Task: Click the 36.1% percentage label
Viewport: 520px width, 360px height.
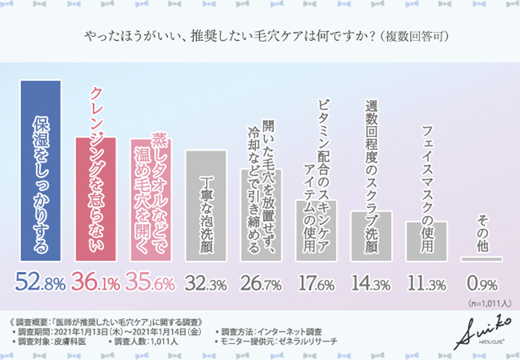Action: tap(96, 282)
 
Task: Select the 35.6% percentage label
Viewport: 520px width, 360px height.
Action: tap(151, 282)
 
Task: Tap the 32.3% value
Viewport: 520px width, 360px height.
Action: tap(206, 283)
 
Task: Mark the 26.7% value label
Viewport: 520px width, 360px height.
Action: tap(261, 283)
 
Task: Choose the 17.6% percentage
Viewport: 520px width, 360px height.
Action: tap(316, 283)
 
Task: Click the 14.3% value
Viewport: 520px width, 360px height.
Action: tap(371, 283)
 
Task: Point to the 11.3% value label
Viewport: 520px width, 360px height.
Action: tap(426, 283)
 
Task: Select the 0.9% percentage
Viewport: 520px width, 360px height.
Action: tap(482, 283)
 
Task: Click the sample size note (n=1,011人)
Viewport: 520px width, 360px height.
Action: tap(489, 303)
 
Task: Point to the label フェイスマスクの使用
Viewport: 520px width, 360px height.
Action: tap(428, 187)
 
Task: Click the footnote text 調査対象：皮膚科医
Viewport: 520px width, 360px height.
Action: tap(55, 342)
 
